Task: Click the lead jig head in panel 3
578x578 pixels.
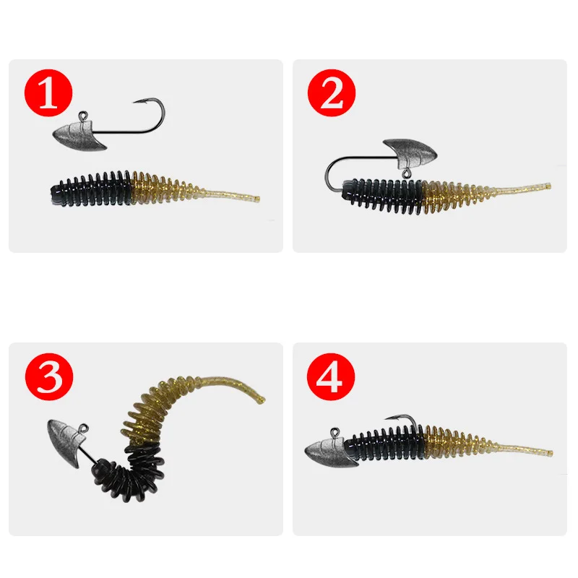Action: [64, 437]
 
